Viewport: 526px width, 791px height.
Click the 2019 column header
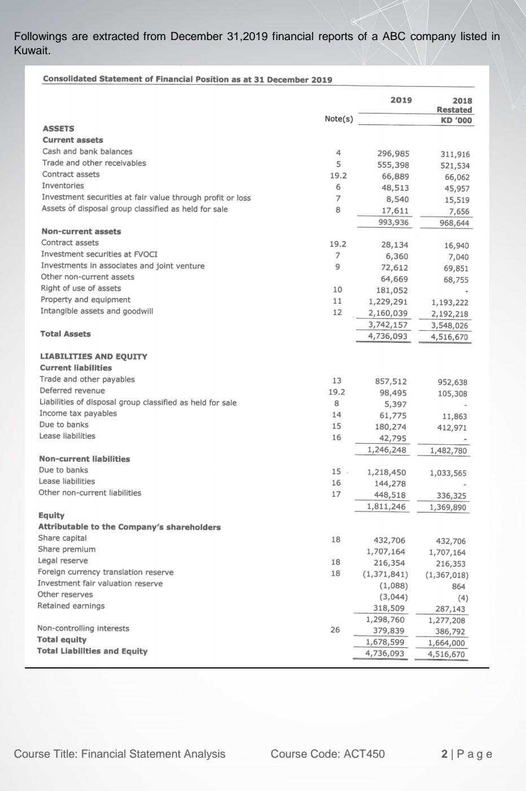pyautogui.click(x=401, y=100)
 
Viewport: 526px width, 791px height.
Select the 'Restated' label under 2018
pyautogui.click(x=454, y=110)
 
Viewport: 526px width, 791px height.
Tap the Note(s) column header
pyautogui.click(x=339, y=119)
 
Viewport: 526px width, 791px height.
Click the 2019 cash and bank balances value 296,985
pyautogui.click(x=393, y=154)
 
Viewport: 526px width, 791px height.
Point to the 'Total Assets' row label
pyautogui.click(x=65, y=334)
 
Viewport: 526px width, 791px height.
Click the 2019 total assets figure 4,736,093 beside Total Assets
pyautogui.click(x=388, y=336)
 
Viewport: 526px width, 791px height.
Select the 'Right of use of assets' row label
pyautogui.click(x=81, y=288)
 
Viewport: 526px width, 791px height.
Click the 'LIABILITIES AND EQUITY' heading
pyautogui.click(x=94, y=356)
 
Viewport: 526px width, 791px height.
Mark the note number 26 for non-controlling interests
pyautogui.click(x=335, y=630)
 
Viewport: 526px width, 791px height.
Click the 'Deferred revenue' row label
pyautogui.click(x=72, y=391)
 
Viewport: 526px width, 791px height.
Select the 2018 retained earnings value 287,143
pyautogui.click(x=450, y=609)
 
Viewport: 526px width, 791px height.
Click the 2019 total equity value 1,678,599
pyautogui.click(x=385, y=642)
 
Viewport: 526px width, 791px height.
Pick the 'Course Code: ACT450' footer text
pyautogui.click(x=327, y=754)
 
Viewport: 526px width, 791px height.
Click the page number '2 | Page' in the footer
pyautogui.click(x=467, y=754)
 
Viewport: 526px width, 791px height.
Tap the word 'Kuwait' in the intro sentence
pyautogui.click(x=30, y=50)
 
